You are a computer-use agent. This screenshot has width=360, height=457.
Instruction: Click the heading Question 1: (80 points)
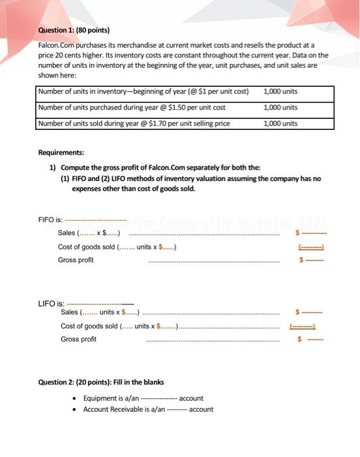point(73,30)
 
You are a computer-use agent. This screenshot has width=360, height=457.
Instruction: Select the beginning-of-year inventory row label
point(143,91)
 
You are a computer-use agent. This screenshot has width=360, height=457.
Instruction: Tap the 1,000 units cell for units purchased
point(280,107)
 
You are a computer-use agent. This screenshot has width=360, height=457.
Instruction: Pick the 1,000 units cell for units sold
point(280,123)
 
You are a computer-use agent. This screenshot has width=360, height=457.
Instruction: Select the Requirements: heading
point(61,151)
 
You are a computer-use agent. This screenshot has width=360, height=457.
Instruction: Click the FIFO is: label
point(50,220)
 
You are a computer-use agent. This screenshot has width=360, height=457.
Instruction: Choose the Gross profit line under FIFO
point(76,260)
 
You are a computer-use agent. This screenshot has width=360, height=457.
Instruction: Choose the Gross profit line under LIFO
point(78,339)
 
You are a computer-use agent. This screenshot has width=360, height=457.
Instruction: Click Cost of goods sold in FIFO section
point(86,246)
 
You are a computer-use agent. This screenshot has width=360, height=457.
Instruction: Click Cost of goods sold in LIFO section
point(89,326)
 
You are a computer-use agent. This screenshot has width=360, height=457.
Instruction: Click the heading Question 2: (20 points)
point(100,382)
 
